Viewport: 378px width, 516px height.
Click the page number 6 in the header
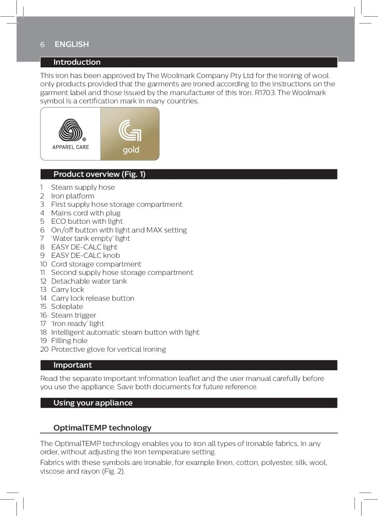(x=42, y=45)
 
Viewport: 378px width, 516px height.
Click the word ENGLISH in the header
(x=72, y=44)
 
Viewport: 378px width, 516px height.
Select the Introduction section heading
(x=77, y=62)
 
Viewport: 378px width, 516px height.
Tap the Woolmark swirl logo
(x=71, y=130)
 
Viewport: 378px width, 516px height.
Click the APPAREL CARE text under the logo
(x=71, y=147)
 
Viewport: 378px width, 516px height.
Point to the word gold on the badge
(x=131, y=150)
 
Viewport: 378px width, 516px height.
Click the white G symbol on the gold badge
(x=130, y=131)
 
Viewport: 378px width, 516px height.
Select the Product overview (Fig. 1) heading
(x=99, y=174)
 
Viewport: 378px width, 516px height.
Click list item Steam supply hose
(x=83, y=187)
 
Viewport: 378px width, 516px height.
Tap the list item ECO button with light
(x=87, y=221)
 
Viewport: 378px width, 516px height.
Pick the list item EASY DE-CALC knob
(x=85, y=256)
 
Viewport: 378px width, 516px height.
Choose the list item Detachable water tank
(x=89, y=281)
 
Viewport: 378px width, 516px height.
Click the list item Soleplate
(x=67, y=307)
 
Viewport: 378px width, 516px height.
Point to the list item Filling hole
(x=69, y=341)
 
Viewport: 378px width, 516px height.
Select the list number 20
(x=44, y=349)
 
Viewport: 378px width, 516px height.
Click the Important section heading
(x=72, y=365)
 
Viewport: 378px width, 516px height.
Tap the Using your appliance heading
(x=93, y=403)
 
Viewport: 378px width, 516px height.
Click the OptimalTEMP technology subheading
(x=102, y=428)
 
